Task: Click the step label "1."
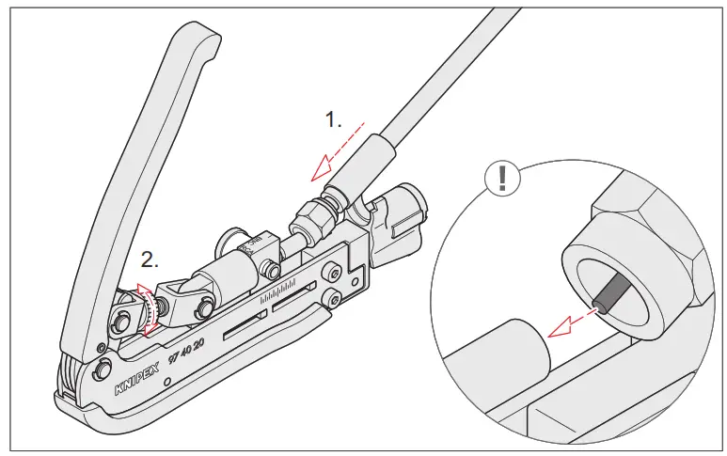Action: tap(334, 119)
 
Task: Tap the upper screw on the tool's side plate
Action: tap(333, 274)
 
